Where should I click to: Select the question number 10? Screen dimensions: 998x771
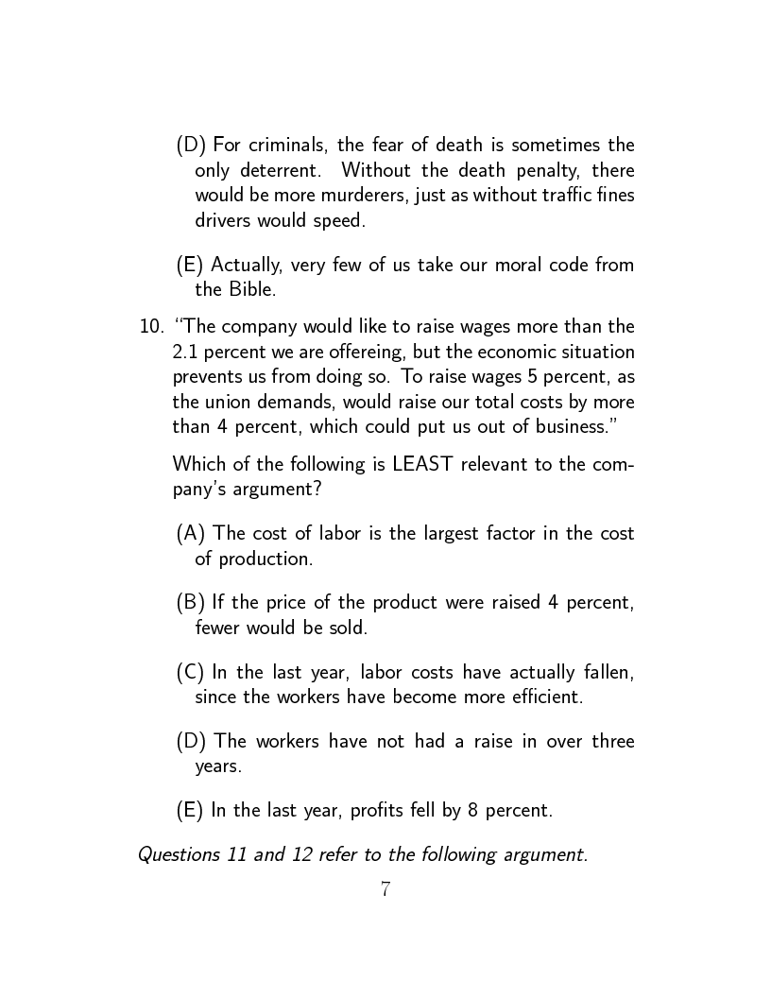coord(150,327)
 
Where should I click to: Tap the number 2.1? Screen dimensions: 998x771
coord(185,352)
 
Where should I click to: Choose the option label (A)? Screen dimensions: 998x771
coord(192,534)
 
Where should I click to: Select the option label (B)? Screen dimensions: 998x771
coord(191,603)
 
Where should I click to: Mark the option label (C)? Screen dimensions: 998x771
coord(191,673)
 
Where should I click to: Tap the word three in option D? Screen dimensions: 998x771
coord(612,742)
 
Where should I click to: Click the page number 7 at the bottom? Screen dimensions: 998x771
coord(385,889)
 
